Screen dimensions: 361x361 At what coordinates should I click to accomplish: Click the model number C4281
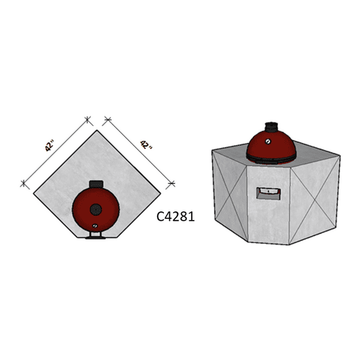(176, 216)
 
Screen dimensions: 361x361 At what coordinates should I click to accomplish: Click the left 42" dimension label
(49, 146)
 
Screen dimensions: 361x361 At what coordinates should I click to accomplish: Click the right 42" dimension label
(146, 145)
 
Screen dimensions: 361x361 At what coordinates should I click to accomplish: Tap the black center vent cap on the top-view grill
(96, 210)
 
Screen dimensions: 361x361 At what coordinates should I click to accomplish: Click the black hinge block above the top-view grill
(96, 184)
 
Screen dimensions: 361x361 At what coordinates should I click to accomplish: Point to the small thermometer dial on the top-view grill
(95, 226)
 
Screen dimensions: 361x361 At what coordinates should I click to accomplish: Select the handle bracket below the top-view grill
(96, 236)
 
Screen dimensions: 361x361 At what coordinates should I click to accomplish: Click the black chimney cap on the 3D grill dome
(271, 127)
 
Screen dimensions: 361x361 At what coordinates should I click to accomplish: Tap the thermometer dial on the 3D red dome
(268, 141)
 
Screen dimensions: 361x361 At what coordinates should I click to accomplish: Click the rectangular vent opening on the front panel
(268, 193)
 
